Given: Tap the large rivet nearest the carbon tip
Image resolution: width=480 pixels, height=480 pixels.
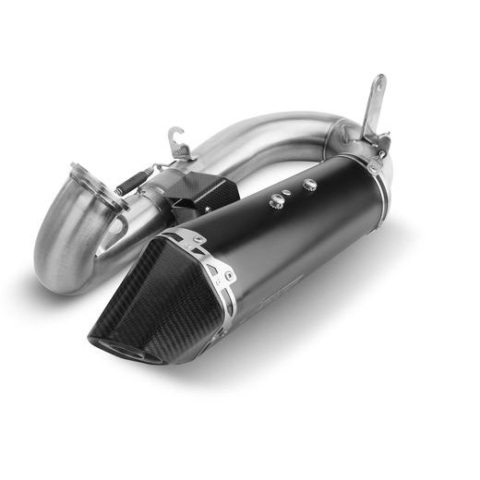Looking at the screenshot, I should tap(276, 200).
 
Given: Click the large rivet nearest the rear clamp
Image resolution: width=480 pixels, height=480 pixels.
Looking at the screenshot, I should tap(309, 186).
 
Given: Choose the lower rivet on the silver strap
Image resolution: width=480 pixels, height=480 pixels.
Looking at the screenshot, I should tap(222, 274).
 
